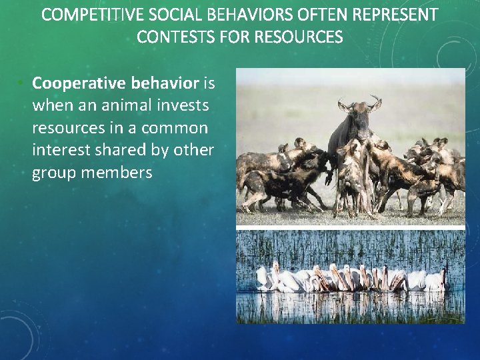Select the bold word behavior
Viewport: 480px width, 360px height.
[x=165, y=83]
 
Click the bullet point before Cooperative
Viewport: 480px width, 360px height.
[x=22, y=83]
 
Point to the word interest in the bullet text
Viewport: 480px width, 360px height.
[x=58, y=151]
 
